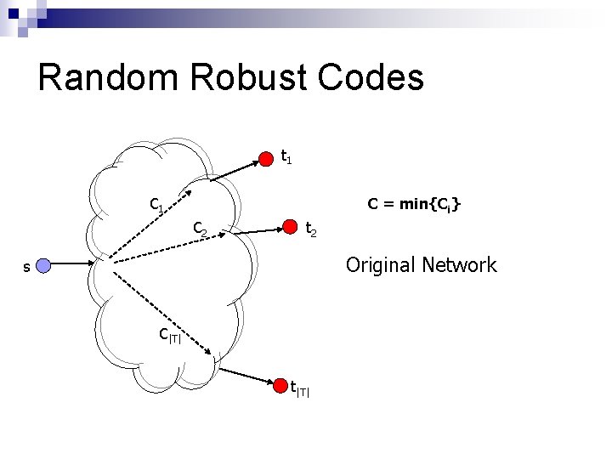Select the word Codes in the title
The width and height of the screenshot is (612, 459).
pyautogui.click(x=372, y=77)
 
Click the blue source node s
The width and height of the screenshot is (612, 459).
pyautogui.click(x=44, y=267)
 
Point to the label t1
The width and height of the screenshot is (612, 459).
pyautogui.click(x=287, y=157)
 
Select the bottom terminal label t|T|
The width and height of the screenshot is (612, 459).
pyautogui.click(x=300, y=391)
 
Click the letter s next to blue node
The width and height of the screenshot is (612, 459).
pyautogui.click(x=26, y=268)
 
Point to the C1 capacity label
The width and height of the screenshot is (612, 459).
pyautogui.click(x=157, y=205)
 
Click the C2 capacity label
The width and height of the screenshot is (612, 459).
pyautogui.click(x=201, y=228)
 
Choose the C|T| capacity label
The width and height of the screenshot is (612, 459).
pyautogui.click(x=171, y=335)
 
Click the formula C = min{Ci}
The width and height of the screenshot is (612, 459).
pyautogui.click(x=414, y=204)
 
